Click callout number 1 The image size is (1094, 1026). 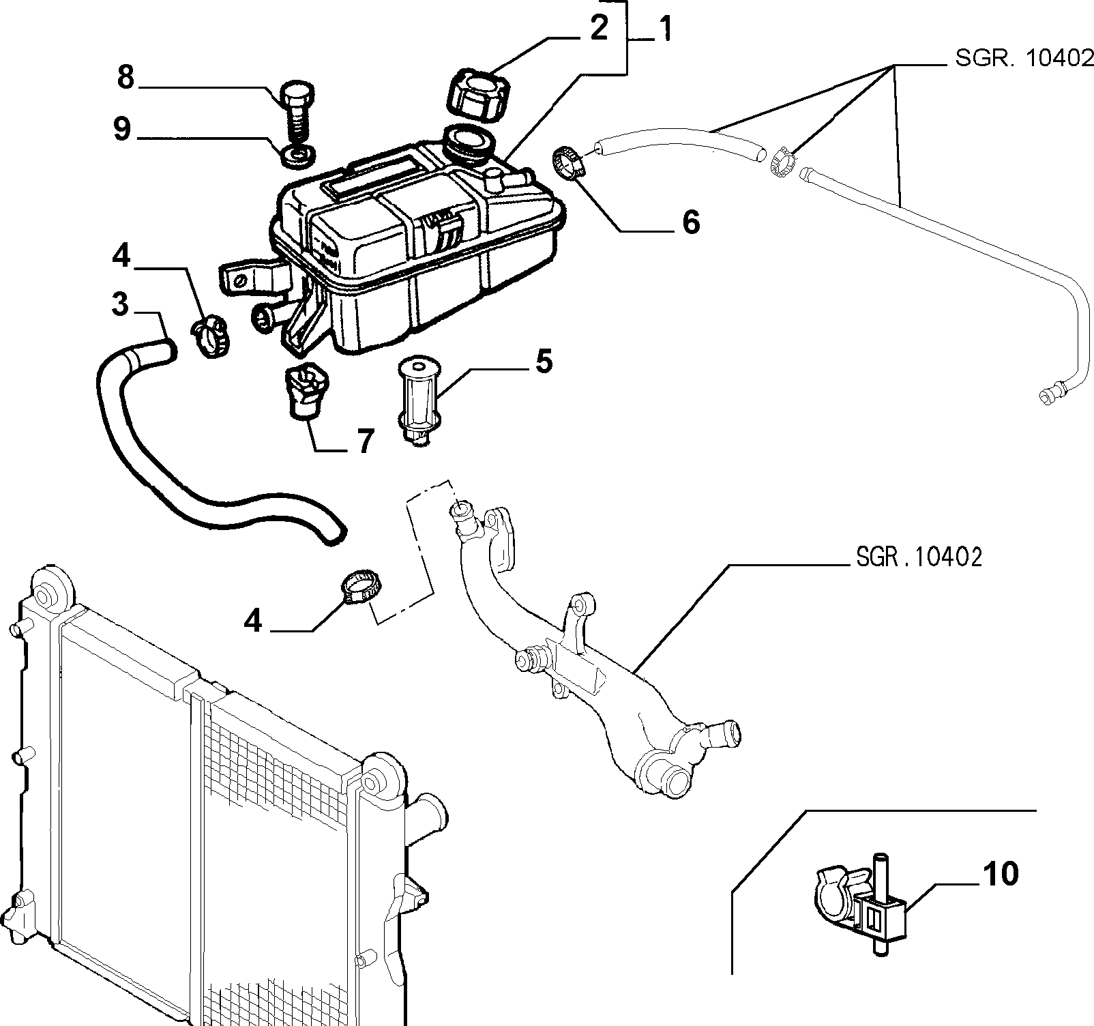(x=662, y=29)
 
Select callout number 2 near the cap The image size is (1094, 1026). (x=598, y=29)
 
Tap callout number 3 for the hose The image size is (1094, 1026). (x=120, y=305)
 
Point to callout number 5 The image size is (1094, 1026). (x=544, y=362)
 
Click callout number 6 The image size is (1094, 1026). (x=691, y=222)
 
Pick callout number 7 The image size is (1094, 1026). (x=366, y=441)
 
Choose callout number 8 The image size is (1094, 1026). (x=125, y=77)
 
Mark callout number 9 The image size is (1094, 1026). (x=122, y=128)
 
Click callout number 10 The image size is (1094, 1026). (x=1001, y=874)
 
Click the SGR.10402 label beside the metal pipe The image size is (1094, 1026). (x=919, y=557)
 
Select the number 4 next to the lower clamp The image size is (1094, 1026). (x=253, y=621)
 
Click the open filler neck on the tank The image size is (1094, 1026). (x=467, y=141)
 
